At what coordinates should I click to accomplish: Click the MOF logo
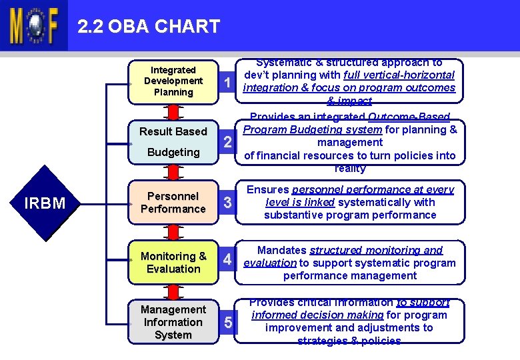click(x=33, y=26)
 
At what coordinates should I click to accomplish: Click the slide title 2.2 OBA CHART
click(x=148, y=27)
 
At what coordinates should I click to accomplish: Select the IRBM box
click(x=44, y=203)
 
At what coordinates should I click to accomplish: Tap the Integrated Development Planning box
click(x=173, y=81)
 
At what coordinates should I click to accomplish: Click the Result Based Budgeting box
click(x=173, y=141)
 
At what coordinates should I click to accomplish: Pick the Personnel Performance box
click(x=173, y=203)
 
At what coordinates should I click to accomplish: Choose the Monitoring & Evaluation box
click(x=173, y=263)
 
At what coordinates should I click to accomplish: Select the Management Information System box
click(x=173, y=322)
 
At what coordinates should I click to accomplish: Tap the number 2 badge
click(x=228, y=143)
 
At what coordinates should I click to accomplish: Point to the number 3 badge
click(x=228, y=203)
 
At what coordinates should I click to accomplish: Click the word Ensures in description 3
click(x=267, y=190)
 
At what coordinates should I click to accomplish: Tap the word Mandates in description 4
click(x=282, y=251)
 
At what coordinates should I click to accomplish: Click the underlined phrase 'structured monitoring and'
click(x=376, y=251)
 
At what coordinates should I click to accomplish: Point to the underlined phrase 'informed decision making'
click(x=317, y=315)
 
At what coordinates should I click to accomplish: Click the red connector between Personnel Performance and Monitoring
click(x=173, y=231)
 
